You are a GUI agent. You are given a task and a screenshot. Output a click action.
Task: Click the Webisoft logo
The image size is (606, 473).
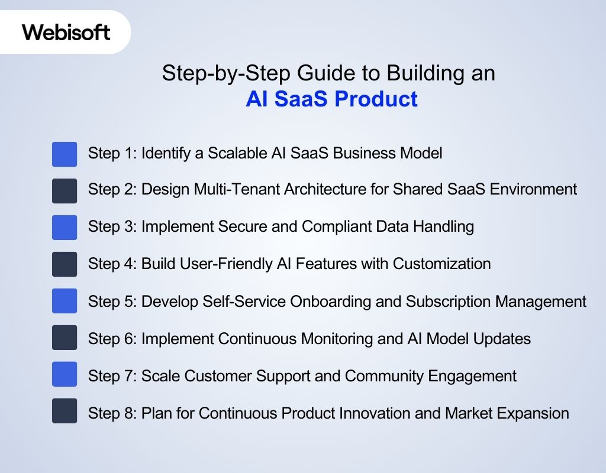click(x=66, y=32)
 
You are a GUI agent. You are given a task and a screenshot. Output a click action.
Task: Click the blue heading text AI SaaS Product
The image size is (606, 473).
click(x=331, y=99)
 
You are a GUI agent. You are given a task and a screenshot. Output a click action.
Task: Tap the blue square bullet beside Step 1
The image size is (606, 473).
click(x=65, y=154)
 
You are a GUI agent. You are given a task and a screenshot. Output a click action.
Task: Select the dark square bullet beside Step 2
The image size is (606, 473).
click(x=65, y=190)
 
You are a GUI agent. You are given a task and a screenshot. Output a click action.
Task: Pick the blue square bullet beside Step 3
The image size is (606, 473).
click(x=65, y=227)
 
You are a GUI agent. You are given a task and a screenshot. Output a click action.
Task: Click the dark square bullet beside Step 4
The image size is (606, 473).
click(x=65, y=264)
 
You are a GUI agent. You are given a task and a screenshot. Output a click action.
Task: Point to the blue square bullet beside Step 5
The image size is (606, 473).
click(x=65, y=300)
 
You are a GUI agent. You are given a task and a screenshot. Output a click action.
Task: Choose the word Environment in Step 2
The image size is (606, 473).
click(x=529, y=190)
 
